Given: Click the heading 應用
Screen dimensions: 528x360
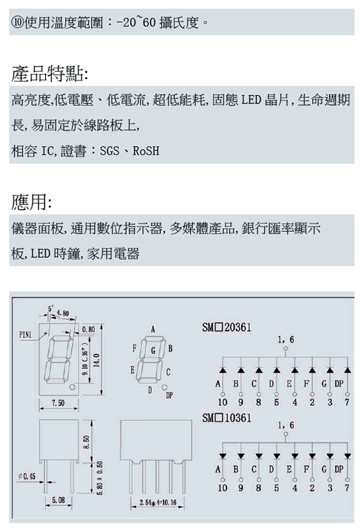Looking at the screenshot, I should pos(31,204).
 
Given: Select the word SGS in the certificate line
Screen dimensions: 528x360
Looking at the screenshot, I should pos(109,151).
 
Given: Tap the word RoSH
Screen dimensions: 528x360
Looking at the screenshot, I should pos(146,151).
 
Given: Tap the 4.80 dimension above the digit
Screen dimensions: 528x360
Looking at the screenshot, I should pos(63,313).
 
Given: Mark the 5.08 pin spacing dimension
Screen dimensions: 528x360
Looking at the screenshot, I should pos(58,500).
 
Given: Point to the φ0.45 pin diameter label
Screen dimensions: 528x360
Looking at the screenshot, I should pos(28,476).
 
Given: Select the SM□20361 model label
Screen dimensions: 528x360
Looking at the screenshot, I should pos(226,327).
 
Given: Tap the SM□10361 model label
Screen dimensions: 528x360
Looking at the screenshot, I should pos(226,418).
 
